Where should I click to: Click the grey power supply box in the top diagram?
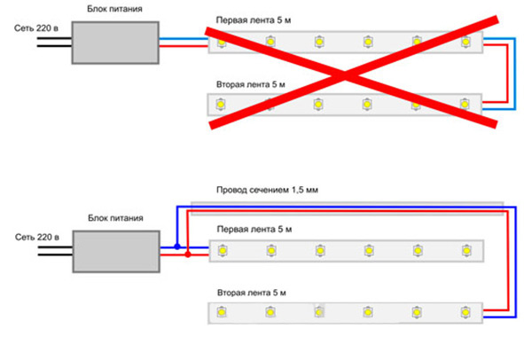(x=115, y=43)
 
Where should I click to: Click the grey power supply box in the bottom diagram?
(x=116, y=251)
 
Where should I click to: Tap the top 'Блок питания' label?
(x=114, y=9)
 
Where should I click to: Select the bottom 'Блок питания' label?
(x=115, y=218)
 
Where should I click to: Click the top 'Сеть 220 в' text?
(x=36, y=28)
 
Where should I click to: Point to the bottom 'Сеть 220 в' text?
(x=37, y=238)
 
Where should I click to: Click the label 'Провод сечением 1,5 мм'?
(x=267, y=190)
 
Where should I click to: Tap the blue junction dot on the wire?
(x=177, y=247)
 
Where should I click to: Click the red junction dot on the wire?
(x=188, y=254)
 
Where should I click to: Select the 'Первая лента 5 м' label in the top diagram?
(x=254, y=20)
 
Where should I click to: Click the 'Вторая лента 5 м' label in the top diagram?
(x=251, y=84)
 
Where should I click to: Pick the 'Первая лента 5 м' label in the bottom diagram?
(x=254, y=230)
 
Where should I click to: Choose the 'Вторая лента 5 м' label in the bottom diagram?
(x=252, y=293)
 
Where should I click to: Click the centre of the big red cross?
(x=345, y=75)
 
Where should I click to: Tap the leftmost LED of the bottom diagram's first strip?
(x=223, y=250)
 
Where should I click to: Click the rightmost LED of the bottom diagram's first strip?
(x=466, y=250)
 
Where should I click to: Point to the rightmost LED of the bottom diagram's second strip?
(x=465, y=312)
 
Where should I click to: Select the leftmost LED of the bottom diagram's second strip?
(x=222, y=312)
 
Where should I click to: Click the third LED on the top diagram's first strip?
(x=319, y=42)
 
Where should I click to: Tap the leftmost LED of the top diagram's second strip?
(x=220, y=105)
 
